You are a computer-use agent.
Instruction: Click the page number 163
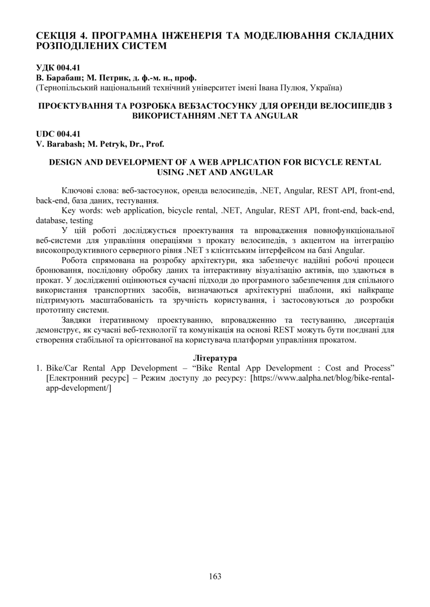[x=215, y=576]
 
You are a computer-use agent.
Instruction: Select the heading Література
[x=215, y=358]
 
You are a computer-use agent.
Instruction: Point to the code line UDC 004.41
[x=58, y=134]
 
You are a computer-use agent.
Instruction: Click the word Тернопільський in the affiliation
[x=66, y=88]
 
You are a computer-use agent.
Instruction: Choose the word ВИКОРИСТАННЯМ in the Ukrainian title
[x=174, y=116]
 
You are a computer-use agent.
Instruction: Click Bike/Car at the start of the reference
[x=62, y=368]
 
